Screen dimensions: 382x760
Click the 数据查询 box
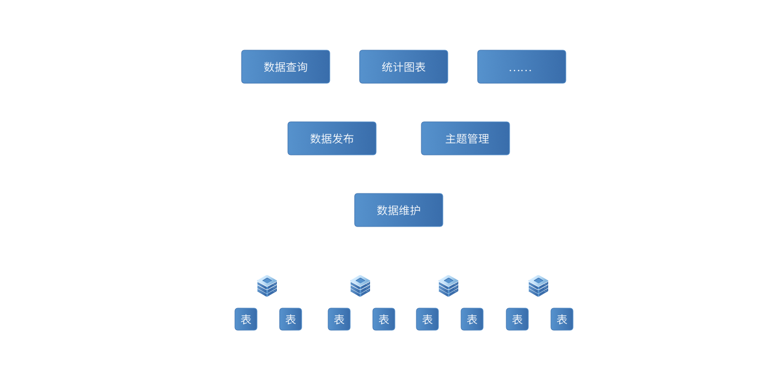click(x=285, y=67)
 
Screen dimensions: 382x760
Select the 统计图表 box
click(x=403, y=67)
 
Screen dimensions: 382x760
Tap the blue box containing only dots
click(x=521, y=67)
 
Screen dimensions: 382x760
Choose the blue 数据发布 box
click(x=331, y=138)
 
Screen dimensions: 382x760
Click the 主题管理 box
click(x=465, y=138)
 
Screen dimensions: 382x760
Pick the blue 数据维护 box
click(x=398, y=210)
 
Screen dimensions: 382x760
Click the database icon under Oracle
click(x=360, y=286)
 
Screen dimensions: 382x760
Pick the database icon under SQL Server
click(x=448, y=286)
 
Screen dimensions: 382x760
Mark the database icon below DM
click(x=267, y=286)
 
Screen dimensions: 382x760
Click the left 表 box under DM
click(x=246, y=319)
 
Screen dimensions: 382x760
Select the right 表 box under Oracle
click(x=384, y=319)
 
